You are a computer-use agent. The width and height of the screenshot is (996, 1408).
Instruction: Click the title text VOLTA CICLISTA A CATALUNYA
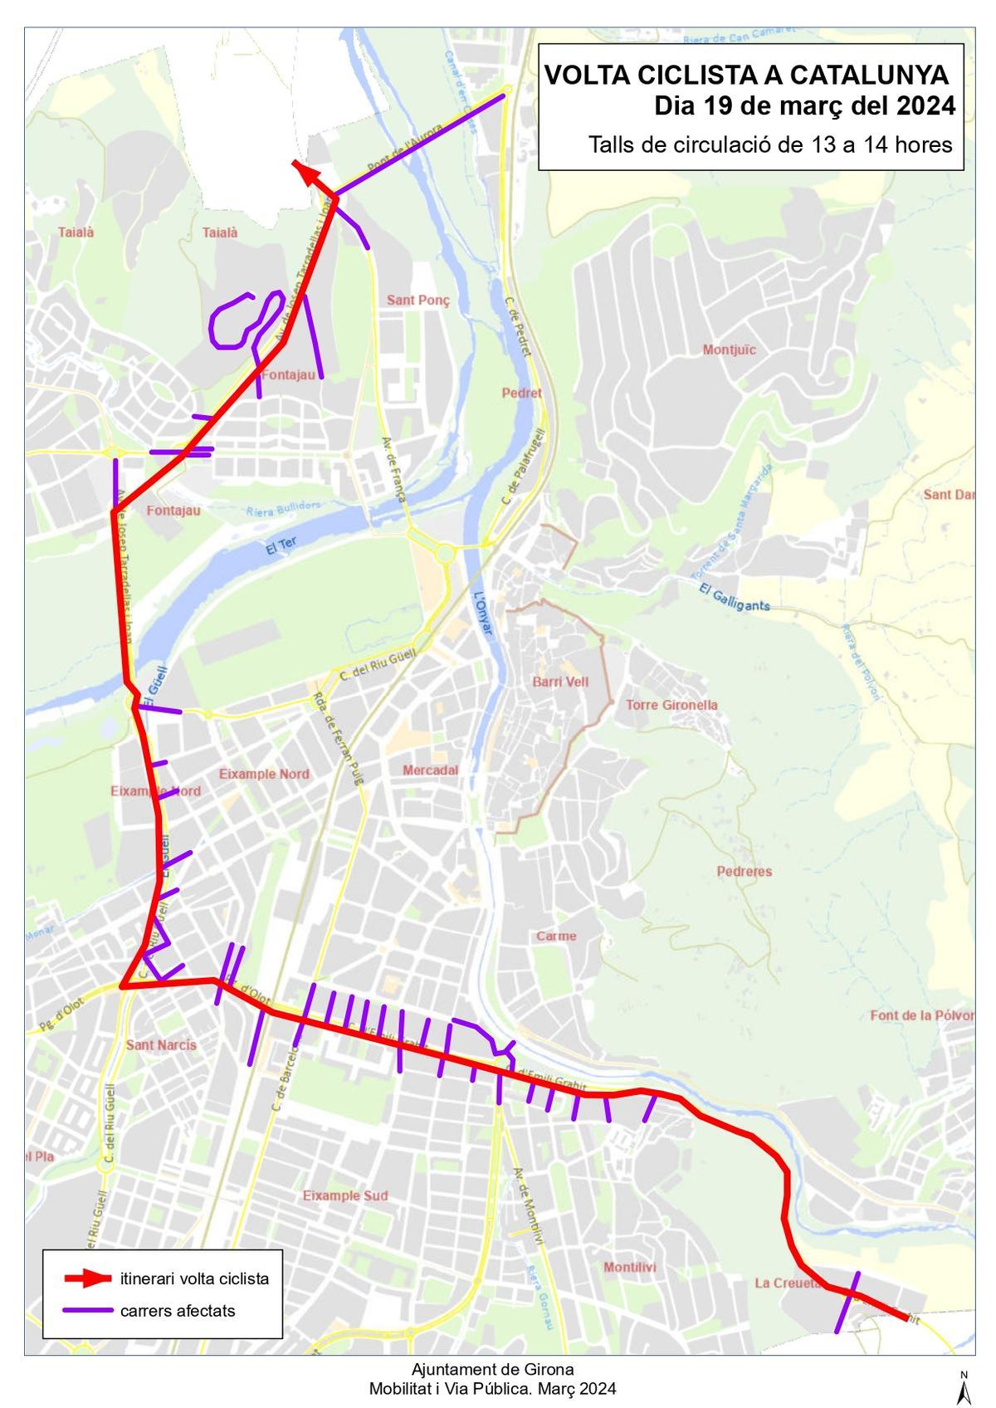point(745,76)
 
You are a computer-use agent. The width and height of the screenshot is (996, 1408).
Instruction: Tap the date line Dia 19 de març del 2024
point(804,107)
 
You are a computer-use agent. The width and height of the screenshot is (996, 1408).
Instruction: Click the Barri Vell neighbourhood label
point(560,682)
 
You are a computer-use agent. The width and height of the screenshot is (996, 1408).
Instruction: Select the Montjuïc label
point(730,350)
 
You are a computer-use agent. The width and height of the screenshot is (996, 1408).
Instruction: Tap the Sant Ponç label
point(417,300)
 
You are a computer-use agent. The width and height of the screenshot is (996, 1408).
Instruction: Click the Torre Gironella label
point(671,705)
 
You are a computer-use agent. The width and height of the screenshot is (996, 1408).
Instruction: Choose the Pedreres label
point(745,871)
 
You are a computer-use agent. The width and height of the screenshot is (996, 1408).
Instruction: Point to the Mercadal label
point(430,770)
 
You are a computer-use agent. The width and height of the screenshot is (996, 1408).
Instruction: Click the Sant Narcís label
point(161,1044)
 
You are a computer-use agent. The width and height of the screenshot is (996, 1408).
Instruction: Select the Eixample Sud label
point(344,1195)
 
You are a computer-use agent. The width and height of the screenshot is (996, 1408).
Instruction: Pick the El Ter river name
point(281,545)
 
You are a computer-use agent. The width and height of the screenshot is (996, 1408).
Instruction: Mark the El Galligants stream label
point(735,599)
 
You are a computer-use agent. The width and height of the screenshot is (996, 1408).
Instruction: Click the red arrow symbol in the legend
point(88,1278)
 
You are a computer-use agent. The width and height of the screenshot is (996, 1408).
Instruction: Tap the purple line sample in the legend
point(88,1311)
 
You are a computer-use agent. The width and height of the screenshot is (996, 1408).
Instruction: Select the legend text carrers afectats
point(178,1311)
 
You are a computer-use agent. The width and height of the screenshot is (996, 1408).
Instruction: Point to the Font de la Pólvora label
point(921,1015)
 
